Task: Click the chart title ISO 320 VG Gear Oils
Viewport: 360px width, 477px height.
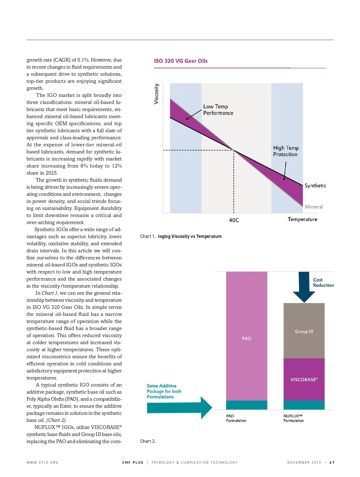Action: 180,61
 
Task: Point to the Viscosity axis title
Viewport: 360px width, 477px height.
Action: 156,94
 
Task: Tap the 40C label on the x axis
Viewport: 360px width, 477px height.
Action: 234,220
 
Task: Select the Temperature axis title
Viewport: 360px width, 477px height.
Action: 302,219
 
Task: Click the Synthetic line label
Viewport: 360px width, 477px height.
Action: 315,186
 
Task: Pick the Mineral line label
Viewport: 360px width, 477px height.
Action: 313,207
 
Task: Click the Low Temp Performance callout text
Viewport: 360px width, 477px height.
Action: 218,110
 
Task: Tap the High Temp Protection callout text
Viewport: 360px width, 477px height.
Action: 285,151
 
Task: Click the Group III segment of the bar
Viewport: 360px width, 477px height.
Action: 304,331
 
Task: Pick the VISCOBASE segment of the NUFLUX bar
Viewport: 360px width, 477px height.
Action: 304,379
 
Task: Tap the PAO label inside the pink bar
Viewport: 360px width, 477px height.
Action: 246,339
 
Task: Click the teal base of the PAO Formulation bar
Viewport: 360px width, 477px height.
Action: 246,405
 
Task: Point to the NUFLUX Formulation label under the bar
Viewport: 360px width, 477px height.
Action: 293,418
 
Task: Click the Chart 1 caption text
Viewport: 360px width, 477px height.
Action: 181,237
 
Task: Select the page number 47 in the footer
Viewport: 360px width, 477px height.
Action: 332,463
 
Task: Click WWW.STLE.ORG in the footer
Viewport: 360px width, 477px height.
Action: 42,463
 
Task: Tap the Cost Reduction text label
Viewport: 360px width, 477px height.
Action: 323,283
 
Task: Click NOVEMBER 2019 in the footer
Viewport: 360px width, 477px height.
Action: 304,463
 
